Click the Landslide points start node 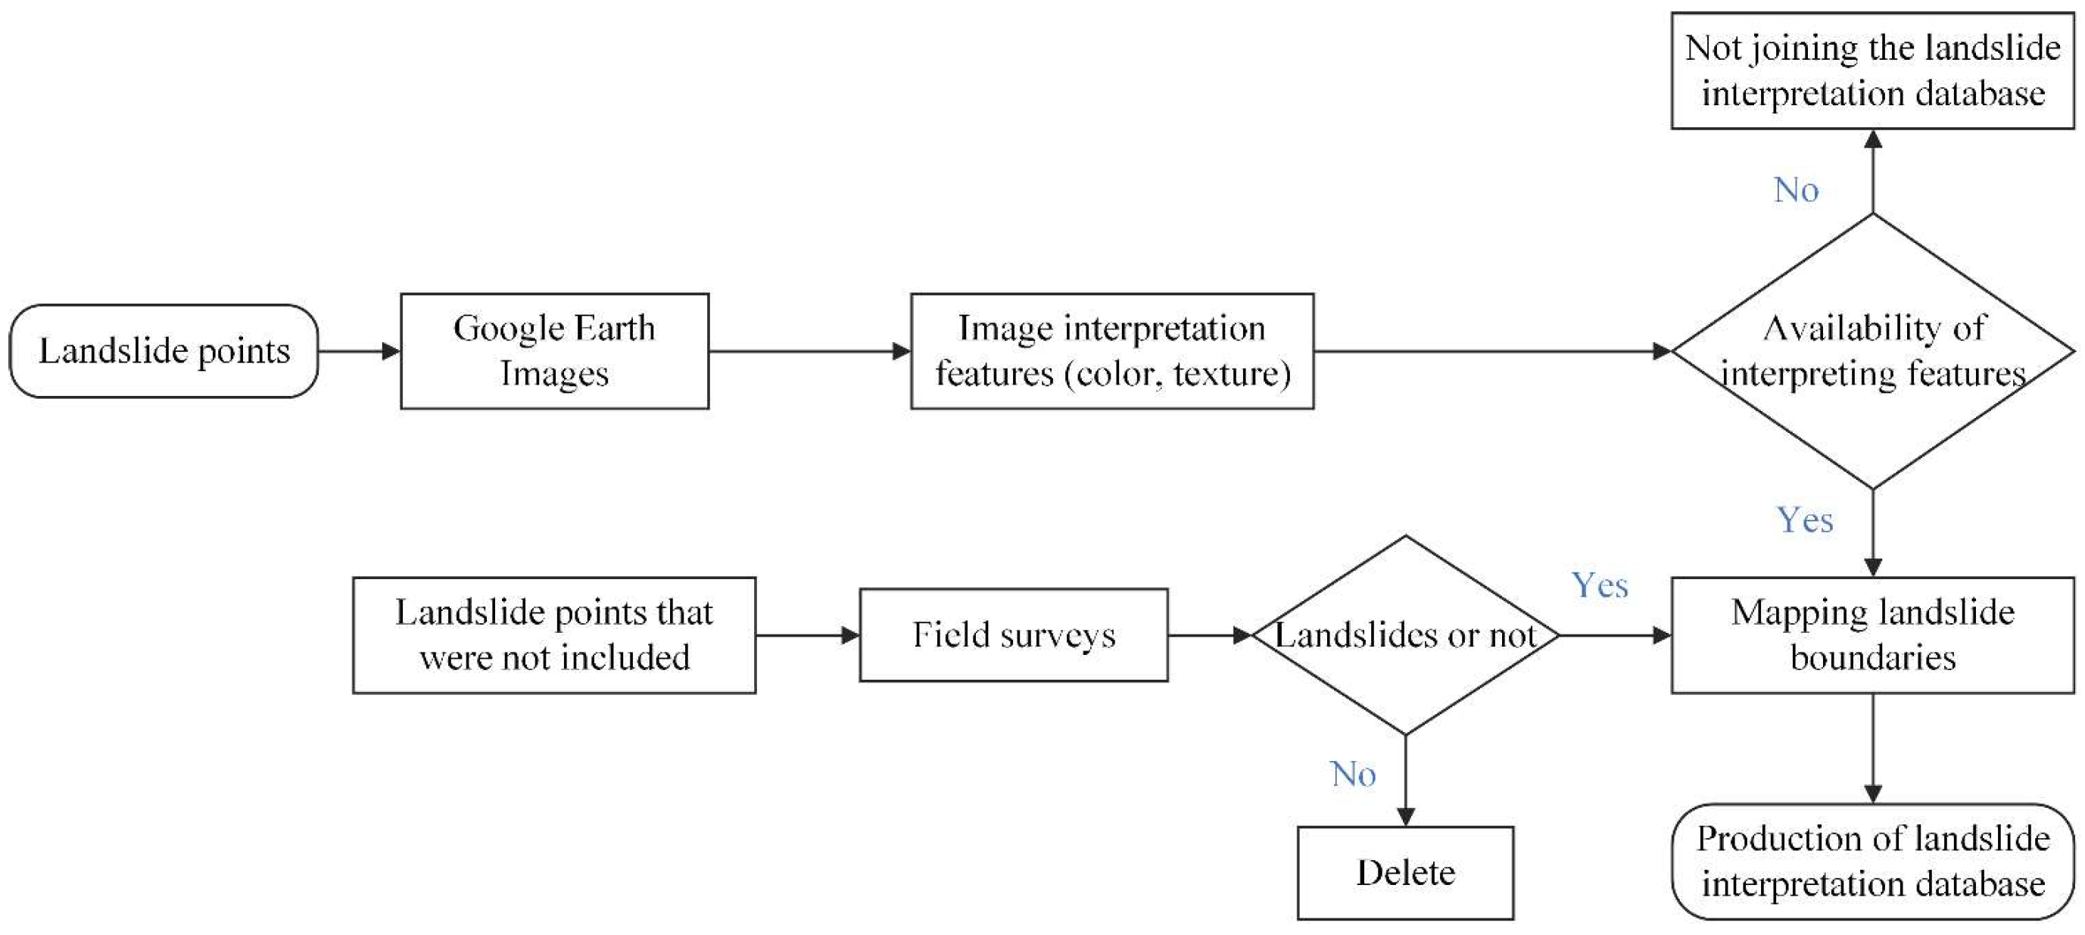pos(164,351)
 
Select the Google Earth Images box pos(554,351)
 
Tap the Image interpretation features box pos(1112,351)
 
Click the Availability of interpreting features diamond pos(1873,351)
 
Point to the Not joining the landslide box pos(1873,70)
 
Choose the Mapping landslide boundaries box pos(1873,635)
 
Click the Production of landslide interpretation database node pos(1873,862)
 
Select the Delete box pos(1405,873)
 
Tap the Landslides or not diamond pos(1405,635)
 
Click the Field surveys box pos(1014,635)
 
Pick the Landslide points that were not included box pos(554,635)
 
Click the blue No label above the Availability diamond pos(1796,190)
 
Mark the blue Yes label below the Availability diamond pos(1804,521)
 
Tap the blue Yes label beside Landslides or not pos(1600,585)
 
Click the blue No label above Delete pos(1352,774)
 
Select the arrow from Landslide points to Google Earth pos(360,351)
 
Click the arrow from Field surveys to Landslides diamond pos(1209,635)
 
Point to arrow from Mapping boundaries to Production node pos(1873,748)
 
